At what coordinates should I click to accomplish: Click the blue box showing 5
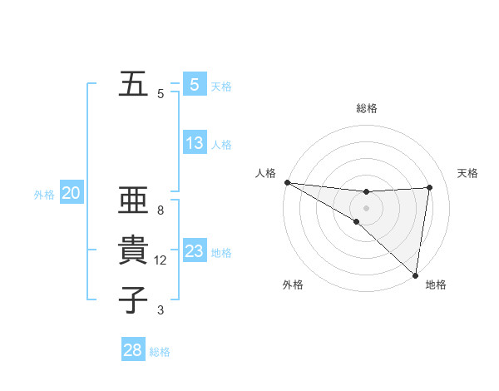point(194,84)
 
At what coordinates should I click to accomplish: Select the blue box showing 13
point(194,143)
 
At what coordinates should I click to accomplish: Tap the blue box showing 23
point(194,250)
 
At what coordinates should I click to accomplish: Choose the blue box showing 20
point(71,194)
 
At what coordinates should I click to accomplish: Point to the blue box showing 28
point(133,350)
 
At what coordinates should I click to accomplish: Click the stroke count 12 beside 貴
point(161,260)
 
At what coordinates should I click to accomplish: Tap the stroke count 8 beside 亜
point(161,210)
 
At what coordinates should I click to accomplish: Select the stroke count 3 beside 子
point(161,310)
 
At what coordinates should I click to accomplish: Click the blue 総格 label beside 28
point(160,352)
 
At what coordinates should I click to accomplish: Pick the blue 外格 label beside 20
point(44,195)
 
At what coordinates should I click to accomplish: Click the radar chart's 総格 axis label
point(367,108)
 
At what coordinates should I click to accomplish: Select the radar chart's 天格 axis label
point(468,173)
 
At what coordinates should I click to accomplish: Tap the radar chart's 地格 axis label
point(436,285)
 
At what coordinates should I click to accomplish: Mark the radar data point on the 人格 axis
point(287,182)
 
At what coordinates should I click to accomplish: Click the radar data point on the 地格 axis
point(414,275)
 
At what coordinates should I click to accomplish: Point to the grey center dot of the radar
point(366,208)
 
